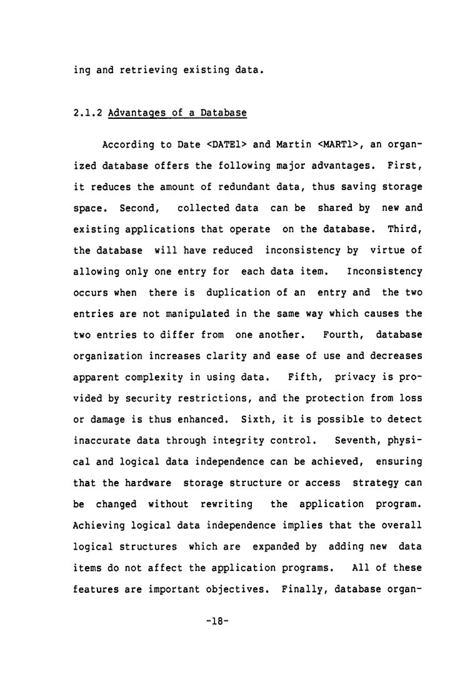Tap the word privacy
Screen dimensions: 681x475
[358, 377]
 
